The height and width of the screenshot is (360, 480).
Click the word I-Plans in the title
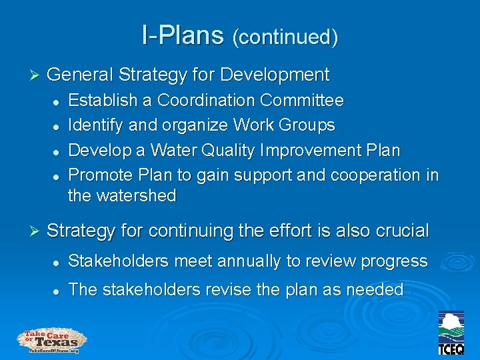point(182,35)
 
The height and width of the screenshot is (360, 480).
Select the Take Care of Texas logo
point(52,341)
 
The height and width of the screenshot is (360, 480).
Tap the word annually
point(249,261)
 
